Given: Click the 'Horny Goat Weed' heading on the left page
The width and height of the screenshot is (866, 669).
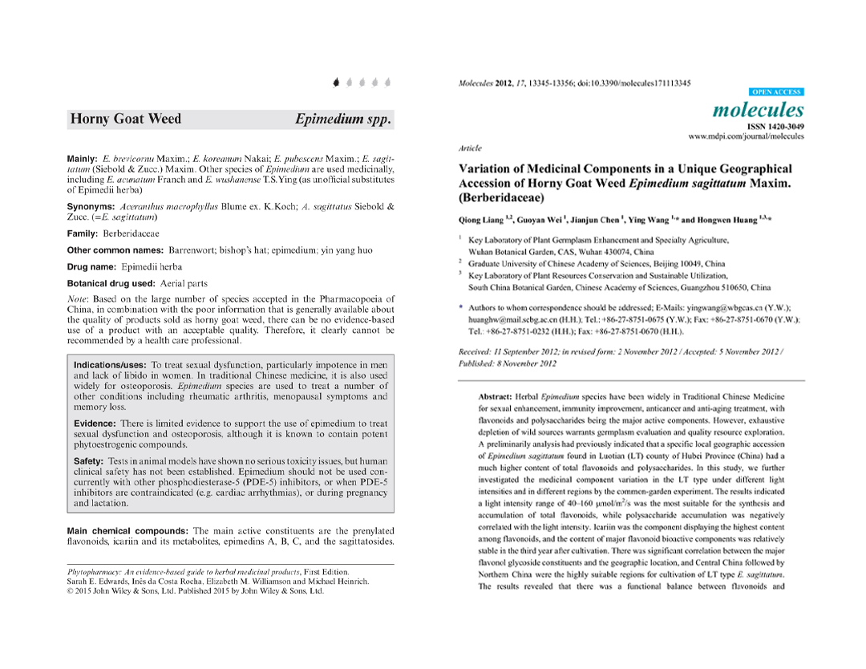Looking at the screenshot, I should click(126, 120).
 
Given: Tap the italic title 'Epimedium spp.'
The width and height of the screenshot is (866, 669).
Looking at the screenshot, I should click(342, 120).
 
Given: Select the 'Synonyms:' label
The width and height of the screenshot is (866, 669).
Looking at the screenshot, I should click(91, 206).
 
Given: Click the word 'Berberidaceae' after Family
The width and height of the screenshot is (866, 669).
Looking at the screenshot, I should click(131, 233).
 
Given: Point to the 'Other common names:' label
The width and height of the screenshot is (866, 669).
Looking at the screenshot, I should click(115, 250).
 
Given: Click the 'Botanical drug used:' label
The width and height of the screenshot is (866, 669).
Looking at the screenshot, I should click(111, 283).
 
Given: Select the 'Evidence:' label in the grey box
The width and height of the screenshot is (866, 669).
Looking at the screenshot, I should click(95, 424).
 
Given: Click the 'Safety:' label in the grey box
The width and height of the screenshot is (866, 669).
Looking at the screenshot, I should click(88, 461).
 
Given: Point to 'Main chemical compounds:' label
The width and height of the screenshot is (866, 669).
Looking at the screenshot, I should click(127, 530).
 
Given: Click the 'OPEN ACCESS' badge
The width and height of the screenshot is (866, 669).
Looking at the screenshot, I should click(776, 92).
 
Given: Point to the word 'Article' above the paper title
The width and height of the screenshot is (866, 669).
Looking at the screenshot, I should click(469, 148).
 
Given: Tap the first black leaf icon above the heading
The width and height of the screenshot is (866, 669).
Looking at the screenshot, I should click(336, 81).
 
